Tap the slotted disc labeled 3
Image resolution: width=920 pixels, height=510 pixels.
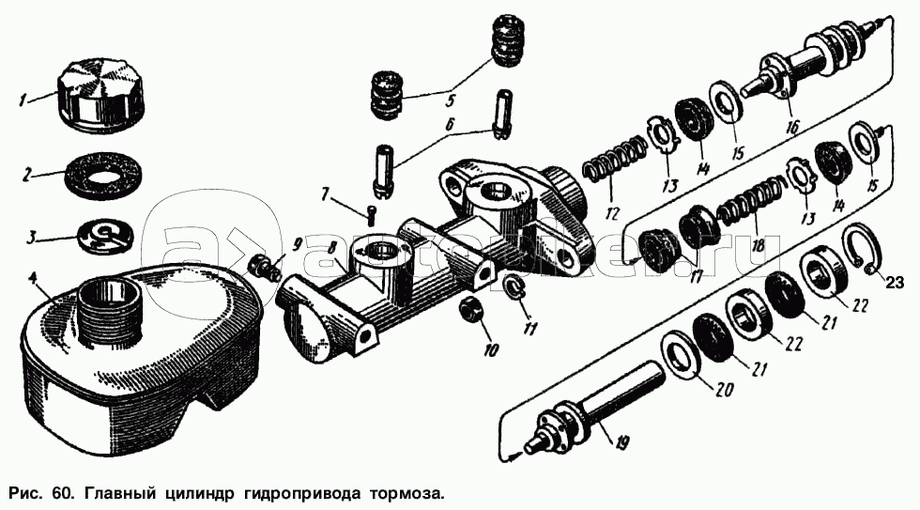coord(105,237)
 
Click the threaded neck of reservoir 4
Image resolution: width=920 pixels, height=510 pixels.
coord(110,307)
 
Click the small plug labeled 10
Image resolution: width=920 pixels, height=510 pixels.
coord(470,310)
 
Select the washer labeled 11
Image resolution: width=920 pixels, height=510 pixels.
coord(514,286)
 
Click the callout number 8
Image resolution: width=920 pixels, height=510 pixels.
coord(331,248)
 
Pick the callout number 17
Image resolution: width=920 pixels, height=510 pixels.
coord(697,276)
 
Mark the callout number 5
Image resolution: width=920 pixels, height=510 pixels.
coord(450,100)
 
